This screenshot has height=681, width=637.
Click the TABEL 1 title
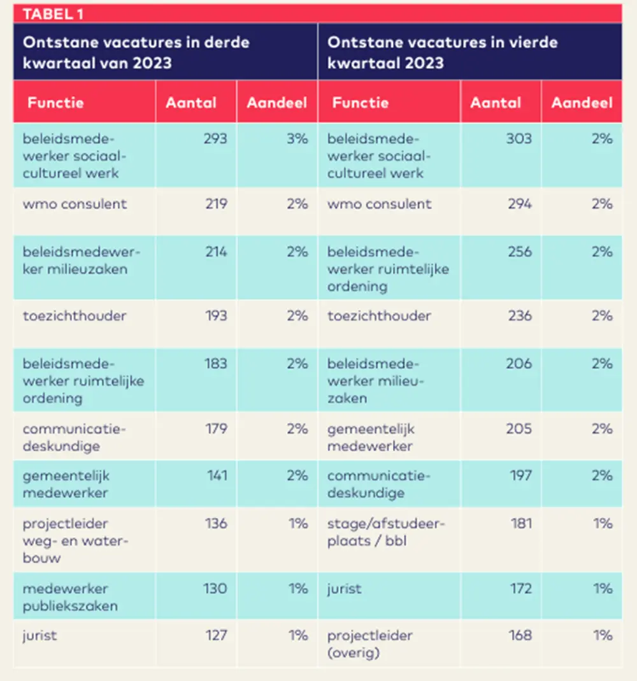[53, 14]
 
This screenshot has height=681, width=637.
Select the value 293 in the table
[215, 138]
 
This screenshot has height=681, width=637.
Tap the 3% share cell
[297, 138]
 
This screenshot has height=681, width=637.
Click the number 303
[519, 138]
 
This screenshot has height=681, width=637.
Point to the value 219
[216, 204]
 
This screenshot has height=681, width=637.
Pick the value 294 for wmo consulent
[520, 204]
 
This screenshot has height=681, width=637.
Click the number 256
[520, 252]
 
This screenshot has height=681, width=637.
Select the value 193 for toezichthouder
[216, 315]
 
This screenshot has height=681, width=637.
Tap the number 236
[520, 315]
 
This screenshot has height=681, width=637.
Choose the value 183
[216, 363]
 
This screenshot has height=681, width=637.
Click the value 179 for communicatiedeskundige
[216, 429]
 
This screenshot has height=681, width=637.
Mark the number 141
[217, 475]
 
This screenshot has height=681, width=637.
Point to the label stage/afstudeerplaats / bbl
[386, 532]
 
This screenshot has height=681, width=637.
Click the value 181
[522, 524]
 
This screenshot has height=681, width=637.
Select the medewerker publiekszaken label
[70, 597]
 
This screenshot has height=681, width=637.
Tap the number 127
[216, 635]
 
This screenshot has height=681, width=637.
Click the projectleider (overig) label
[370, 644]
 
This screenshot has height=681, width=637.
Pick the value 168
[520, 635]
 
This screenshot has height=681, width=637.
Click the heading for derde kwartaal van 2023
[136, 52]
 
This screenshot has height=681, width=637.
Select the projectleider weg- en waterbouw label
[75, 541]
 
